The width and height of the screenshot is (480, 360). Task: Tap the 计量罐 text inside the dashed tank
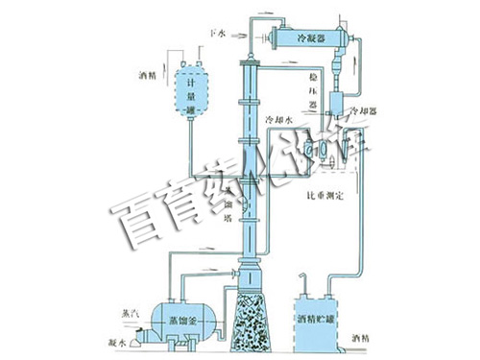click(x=192, y=97)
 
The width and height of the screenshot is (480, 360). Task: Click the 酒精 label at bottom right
click(x=366, y=340)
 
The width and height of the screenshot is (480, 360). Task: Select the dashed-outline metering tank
click(x=192, y=91)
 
